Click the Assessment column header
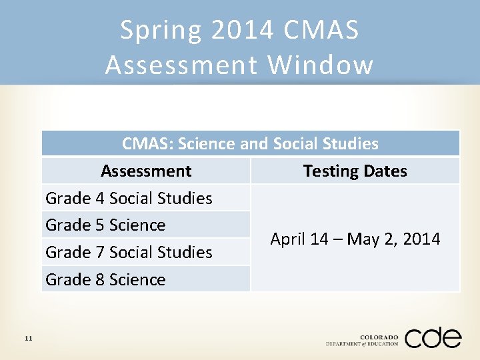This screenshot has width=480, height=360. tap(146, 171)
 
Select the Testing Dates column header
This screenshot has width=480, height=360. tap(355, 171)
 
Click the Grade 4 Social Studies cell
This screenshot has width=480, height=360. tap(129, 198)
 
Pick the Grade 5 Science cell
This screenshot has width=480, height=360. tap(105, 225)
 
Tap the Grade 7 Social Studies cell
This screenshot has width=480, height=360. tap(129, 252)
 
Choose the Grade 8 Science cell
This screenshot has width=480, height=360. tap(105, 279)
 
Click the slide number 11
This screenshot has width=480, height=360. tap(28, 339)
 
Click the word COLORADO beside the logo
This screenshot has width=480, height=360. tap(379, 337)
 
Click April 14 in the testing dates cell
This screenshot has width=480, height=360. tap(294, 239)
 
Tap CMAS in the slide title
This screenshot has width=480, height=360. tap(321, 30)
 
